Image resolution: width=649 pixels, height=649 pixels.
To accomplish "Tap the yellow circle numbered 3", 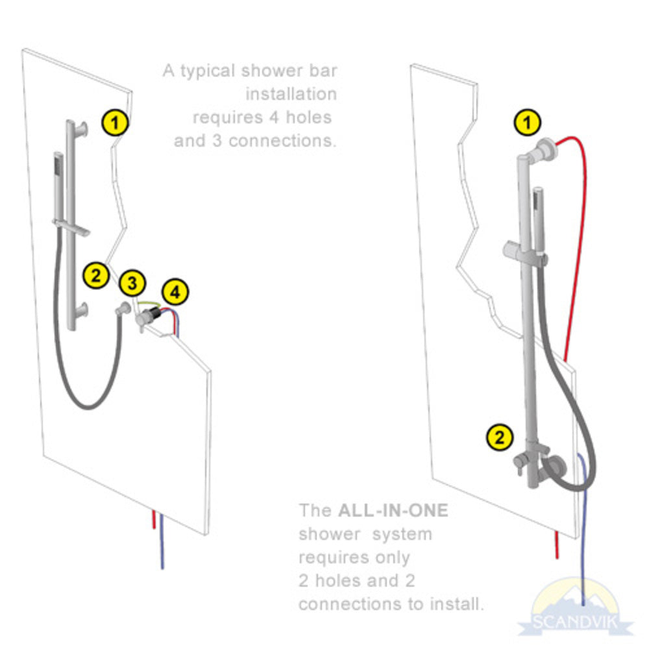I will click(132, 282).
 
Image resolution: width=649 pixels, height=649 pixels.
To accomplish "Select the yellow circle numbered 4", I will click(174, 293).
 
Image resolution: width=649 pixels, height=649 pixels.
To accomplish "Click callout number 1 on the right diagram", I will click(526, 122).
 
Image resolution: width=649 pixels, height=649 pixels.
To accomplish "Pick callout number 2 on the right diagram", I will click(499, 437).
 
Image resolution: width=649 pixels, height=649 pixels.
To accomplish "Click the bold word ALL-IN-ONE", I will click(393, 510).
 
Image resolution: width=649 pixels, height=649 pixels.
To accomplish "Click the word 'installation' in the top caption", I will click(291, 94).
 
